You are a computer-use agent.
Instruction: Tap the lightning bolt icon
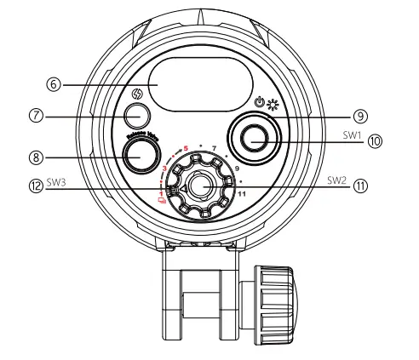[x=135, y=95]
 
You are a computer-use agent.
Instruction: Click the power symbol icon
[x=259, y=102]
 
